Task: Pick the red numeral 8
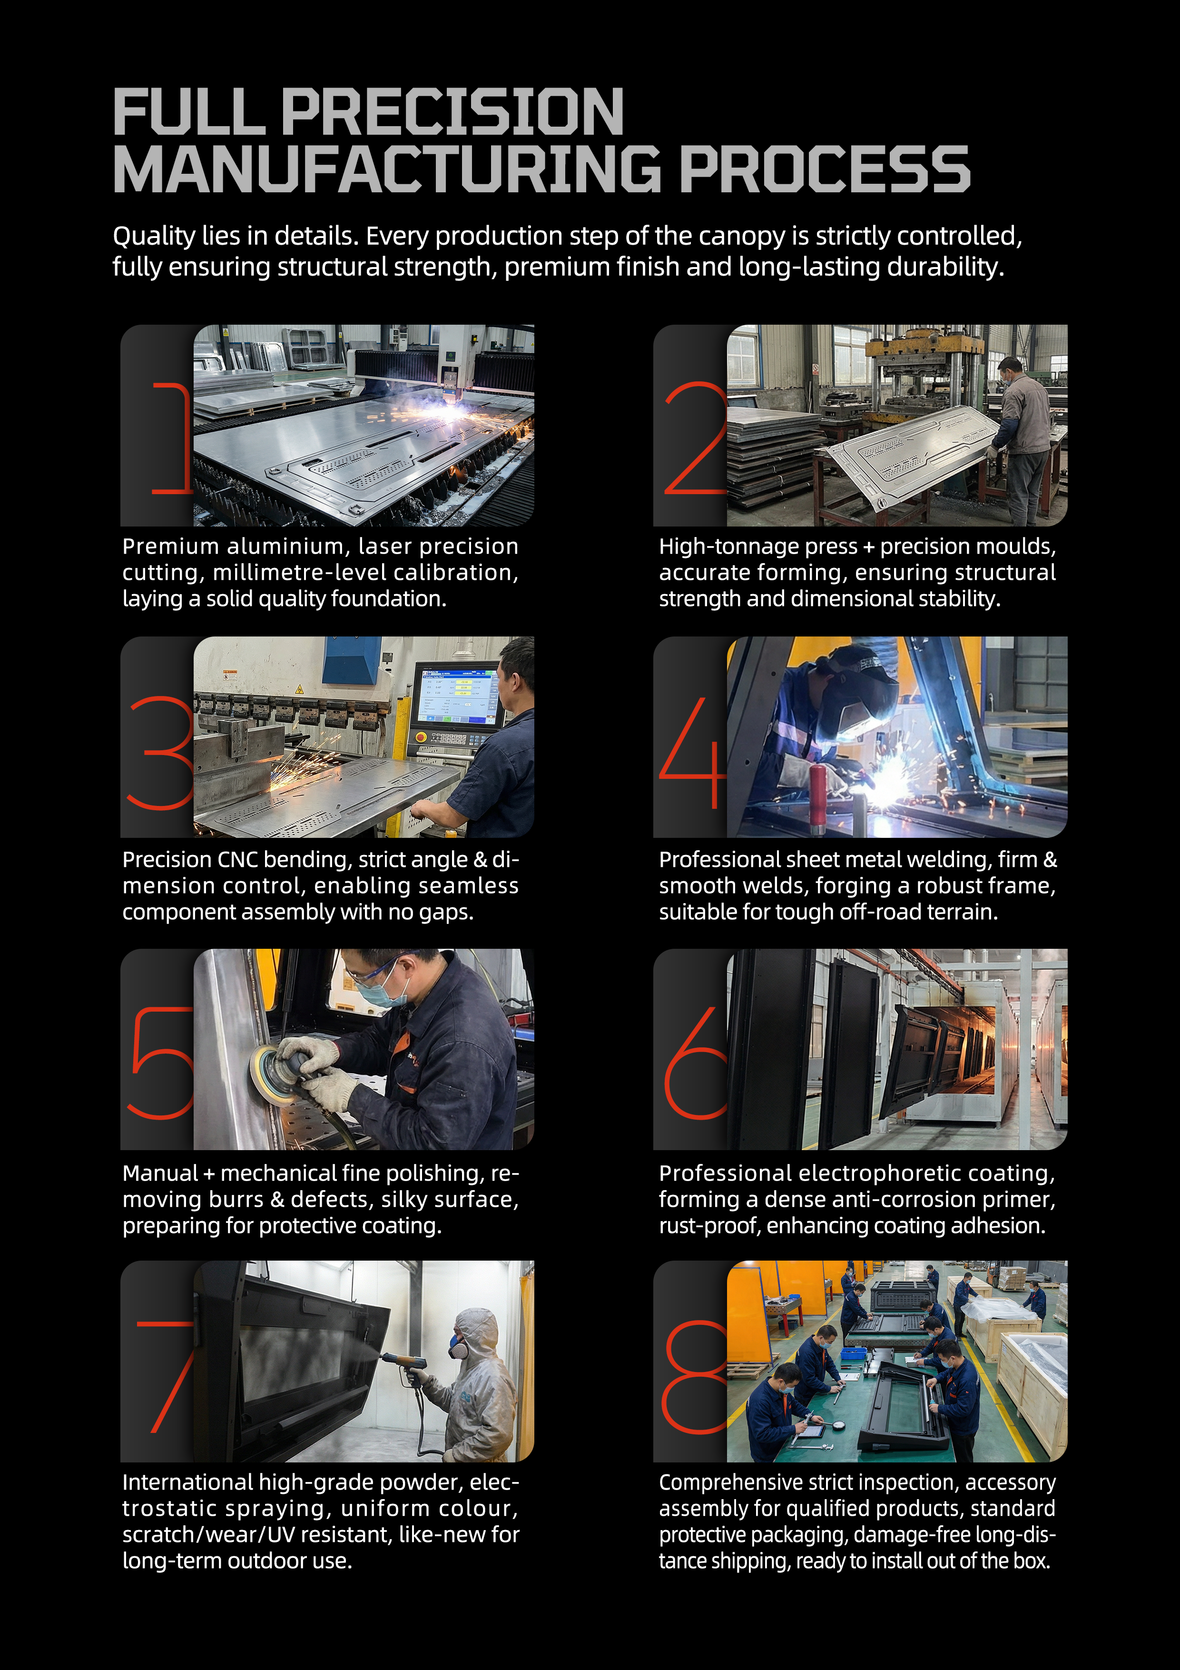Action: [x=694, y=1377]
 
